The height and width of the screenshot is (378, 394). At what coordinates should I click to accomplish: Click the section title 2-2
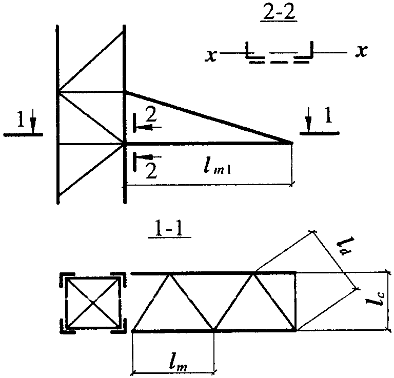point(279,13)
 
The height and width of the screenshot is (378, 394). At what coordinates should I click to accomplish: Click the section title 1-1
point(169,230)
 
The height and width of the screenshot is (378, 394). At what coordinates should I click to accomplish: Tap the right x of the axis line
point(362,51)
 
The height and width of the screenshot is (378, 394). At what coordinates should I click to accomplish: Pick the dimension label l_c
point(376,301)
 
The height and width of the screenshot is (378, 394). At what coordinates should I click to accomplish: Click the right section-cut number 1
point(328,115)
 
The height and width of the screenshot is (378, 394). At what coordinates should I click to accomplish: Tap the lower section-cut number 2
point(151,171)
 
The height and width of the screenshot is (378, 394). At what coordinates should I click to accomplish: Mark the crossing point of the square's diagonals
point(93,303)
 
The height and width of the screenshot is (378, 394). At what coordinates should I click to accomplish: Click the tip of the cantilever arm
point(292,143)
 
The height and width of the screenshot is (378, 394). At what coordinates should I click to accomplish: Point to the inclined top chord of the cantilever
point(209,117)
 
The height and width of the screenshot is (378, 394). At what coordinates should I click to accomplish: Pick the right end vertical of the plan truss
point(295,302)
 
